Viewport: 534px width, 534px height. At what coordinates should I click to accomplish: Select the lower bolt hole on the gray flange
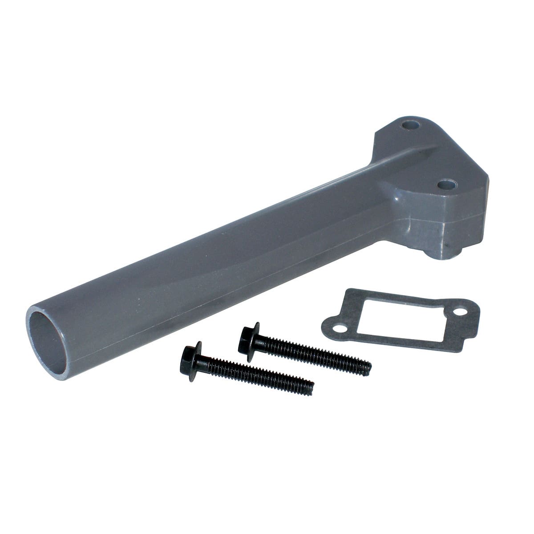(x=446, y=184)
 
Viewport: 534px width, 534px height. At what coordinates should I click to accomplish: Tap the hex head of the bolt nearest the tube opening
(x=191, y=360)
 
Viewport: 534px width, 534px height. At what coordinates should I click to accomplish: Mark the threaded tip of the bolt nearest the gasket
(x=367, y=369)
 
